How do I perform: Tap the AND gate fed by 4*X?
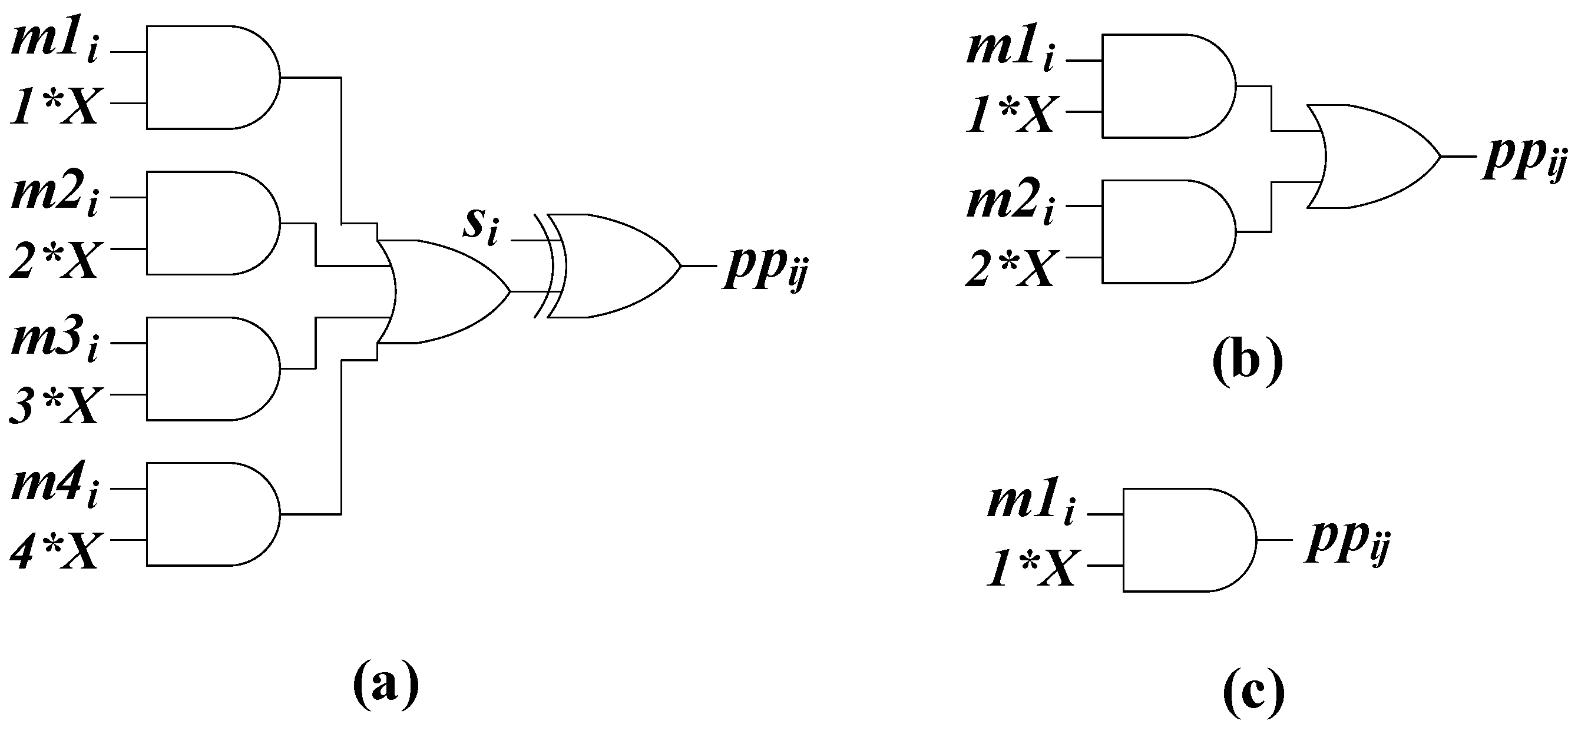(209, 514)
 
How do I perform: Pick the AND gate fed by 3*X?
(209, 368)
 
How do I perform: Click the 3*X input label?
(54, 406)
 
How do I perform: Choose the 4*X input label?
(54, 551)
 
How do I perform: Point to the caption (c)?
(1253, 697)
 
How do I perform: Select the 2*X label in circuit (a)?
(54, 260)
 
